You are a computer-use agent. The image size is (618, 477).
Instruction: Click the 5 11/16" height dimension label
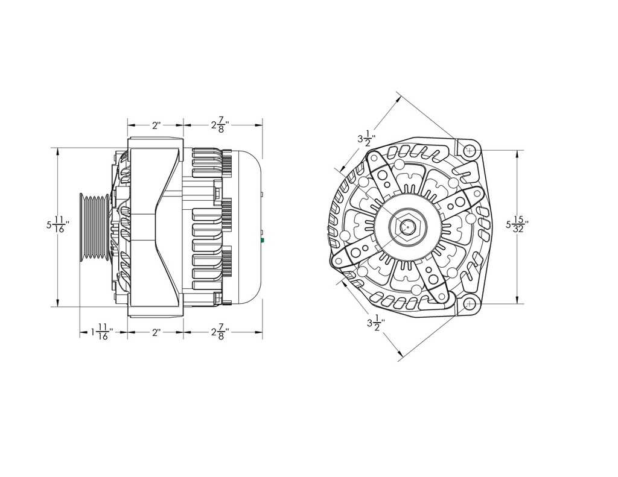pyautogui.click(x=58, y=225)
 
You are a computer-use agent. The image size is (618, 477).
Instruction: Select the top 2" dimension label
pyautogui.click(x=156, y=125)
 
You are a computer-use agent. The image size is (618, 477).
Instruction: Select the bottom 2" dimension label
pyautogui.click(x=155, y=333)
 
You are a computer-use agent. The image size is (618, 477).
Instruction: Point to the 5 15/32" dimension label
pyautogui.click(x=517, y=225)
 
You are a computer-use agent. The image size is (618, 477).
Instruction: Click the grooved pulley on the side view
pyautogui.click(x=94, y=226)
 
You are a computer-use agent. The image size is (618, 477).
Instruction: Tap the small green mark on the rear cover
pyautogui.click(x=263, y=239)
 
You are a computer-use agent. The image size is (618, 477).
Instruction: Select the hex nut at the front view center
pyautogui.click(x=408, y=227)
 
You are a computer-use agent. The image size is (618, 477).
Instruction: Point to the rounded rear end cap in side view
pyautogui.click(x=247, y=226)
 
